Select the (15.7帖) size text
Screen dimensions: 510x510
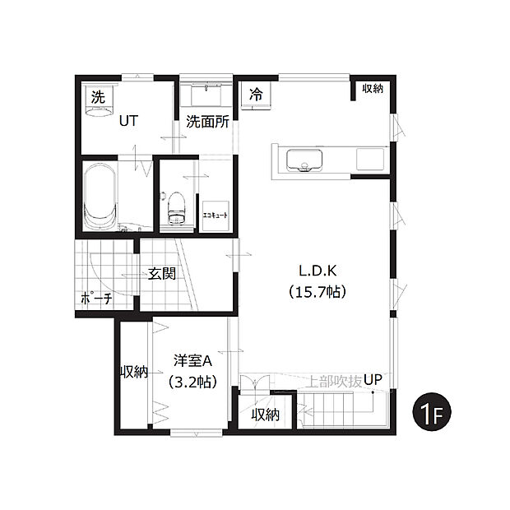pos(316,290)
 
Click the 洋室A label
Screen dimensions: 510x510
pos(192,359)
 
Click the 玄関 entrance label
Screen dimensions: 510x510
pos(162,274)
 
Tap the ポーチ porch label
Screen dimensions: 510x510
pos(96,299)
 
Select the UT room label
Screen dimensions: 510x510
pos(128,120)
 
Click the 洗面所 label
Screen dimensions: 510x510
pos(206,122)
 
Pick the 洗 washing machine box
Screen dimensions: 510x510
pos(98,96)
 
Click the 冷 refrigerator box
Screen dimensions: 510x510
pos(256,95)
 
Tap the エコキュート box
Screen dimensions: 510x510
pos(215,214)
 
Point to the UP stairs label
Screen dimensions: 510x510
pos(374,380)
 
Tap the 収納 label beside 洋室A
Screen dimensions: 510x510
pos(133,372)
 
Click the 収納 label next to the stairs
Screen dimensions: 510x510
pos(265,415)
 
